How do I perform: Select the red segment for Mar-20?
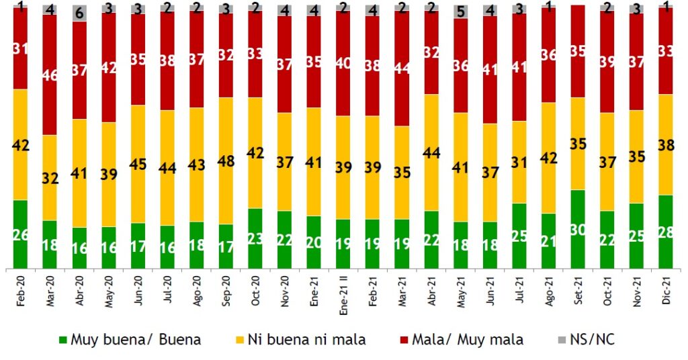(50, 74)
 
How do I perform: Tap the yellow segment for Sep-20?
(226, 161)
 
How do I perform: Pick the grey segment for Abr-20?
(80, 13)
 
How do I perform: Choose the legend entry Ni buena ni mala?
(316, 340)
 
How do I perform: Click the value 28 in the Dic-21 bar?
(666, 231)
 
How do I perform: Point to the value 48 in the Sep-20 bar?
(226, 161)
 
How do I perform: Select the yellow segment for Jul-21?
(519, 162)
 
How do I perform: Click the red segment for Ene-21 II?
(343, 63)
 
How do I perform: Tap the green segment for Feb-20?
(21, 234)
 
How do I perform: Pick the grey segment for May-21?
(461, 11)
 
